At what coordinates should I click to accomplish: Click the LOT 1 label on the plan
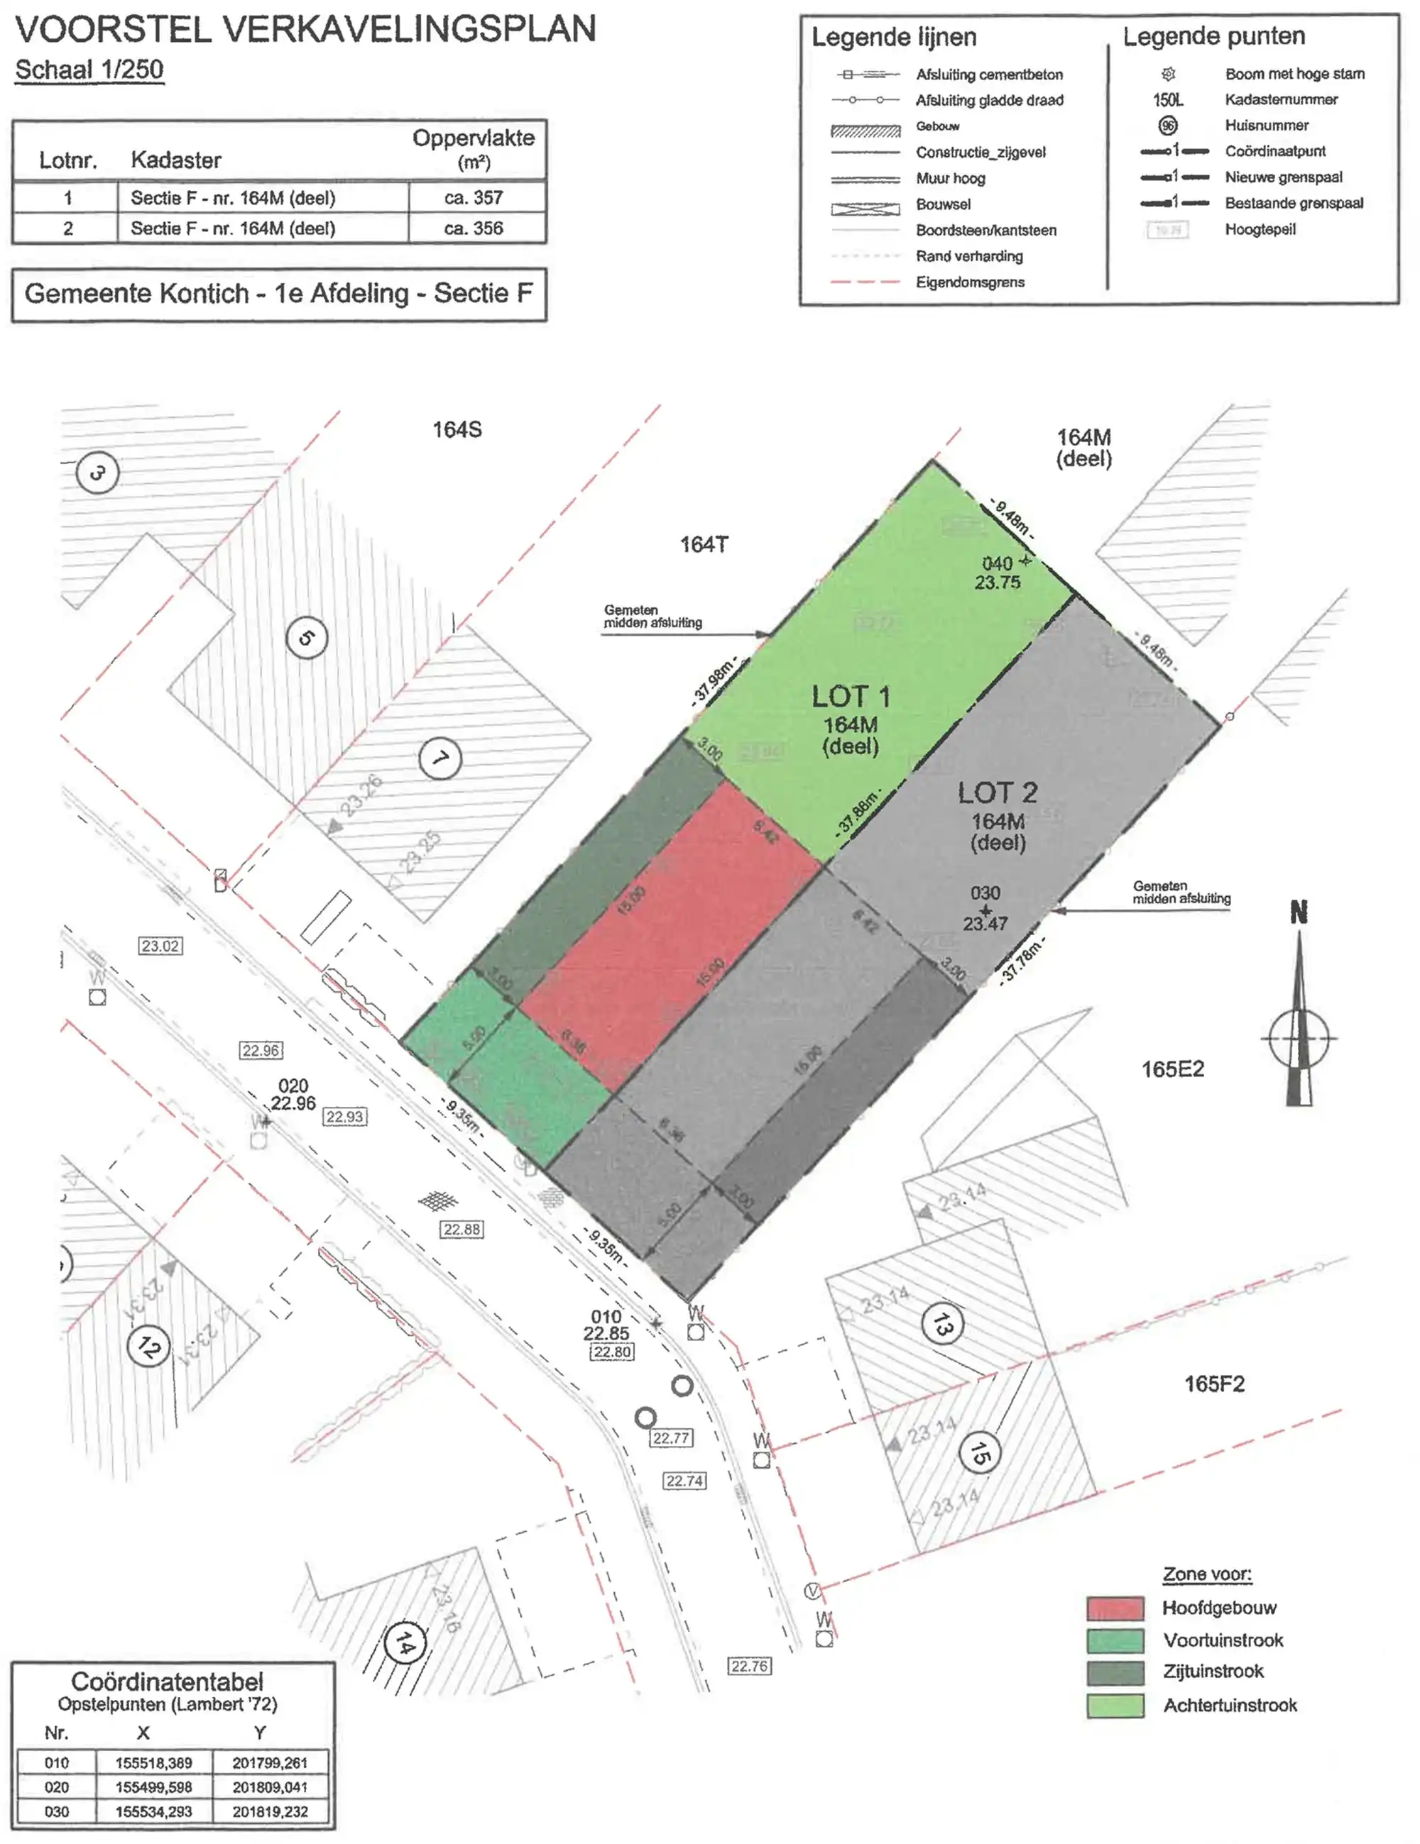click(850, 697)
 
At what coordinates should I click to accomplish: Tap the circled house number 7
click(440, 758)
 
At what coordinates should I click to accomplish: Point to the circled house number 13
click(942, 1325)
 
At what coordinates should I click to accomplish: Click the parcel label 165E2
click(1171, 1070)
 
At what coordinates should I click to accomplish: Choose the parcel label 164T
click(704, 546)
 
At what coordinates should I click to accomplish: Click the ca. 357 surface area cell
click(473, 199)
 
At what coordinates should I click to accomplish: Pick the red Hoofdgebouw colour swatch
click(1115, 1608)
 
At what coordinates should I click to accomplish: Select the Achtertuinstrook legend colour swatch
click(1115, 1706)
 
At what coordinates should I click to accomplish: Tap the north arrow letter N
click(1299, 912)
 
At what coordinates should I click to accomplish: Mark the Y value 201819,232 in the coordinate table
click(271, 1812)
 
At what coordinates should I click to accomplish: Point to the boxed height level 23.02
click(160, 946)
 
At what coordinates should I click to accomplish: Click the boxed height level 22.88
click(462, 1230)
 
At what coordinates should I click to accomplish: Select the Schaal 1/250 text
click(89, 70)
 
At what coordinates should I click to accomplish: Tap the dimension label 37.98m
click(714, 680)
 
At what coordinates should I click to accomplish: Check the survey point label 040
click(997, 563)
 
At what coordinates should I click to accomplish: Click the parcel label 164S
click(457, 431)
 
